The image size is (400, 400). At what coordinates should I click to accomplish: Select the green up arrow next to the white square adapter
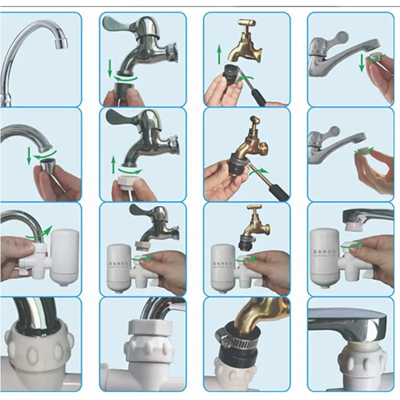coord(113,163)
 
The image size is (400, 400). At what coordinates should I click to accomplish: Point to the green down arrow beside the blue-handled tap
coord(109,69)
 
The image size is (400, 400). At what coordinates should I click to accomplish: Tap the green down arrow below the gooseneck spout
coord(29,156)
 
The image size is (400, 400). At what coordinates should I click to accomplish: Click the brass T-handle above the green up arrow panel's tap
coord(247,23)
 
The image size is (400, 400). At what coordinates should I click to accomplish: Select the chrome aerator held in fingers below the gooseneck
coord(48,165)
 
